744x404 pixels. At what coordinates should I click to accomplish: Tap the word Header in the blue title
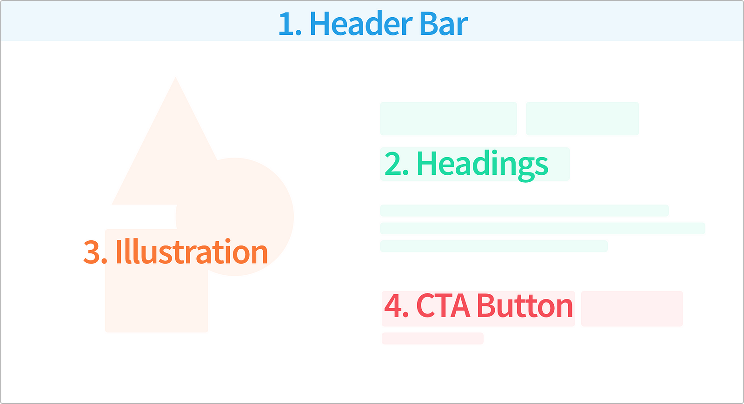(361, 23)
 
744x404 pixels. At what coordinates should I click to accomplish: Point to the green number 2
(396, 163)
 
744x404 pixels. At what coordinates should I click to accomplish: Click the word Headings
(482, 166)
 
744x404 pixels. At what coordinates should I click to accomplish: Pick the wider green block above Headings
(448, 119)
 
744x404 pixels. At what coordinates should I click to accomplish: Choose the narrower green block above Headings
(582, 119)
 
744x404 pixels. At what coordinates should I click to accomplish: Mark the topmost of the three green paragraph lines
(525, 211)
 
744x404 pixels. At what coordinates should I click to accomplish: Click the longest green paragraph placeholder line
(543, 228)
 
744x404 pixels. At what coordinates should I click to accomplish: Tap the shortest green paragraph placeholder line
(494, 246)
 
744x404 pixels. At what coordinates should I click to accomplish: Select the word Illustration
(192, 252)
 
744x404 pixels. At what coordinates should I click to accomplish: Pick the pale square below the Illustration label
(156, 299)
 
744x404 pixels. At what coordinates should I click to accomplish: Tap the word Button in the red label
(525, 305)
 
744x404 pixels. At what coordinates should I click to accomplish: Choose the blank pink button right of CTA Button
(632, 309)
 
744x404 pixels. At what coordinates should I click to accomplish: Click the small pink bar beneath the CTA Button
(432, 338)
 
